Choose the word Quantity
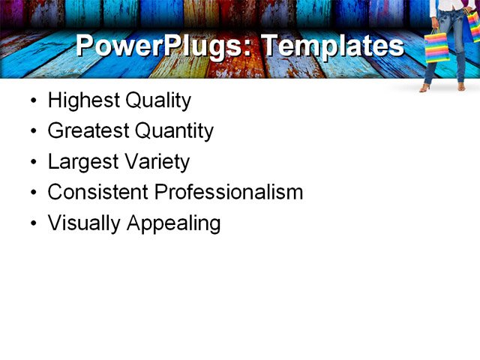pyautogui.click(x=174, y=131)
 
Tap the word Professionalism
pyautogui.click(x=229, y=192)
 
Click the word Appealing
pyautogui.click(x=174, y=223)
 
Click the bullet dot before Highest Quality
pyautogui.click(x=32, y=101)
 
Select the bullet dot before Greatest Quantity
pyautogui.click(x=32, y=132)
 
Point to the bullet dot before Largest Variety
pyautogui.click(x=32, y=163)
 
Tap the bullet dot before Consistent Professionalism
pyautogui.click(x=32, y=193)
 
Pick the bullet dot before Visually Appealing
pyautogui.click(x=32, y=223)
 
